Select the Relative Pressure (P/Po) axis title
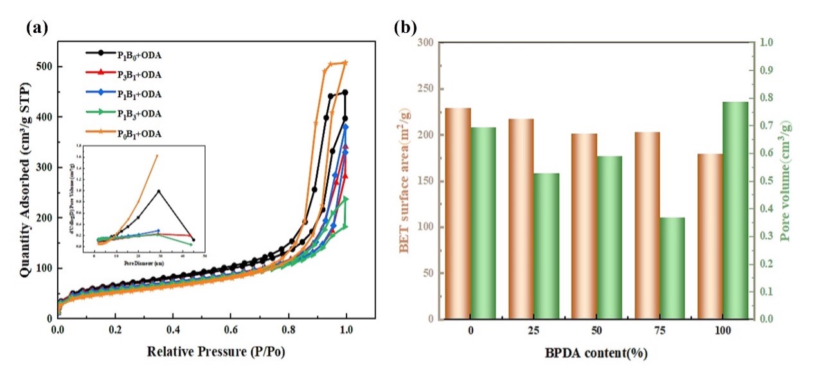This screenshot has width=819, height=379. click(x=216, y=352)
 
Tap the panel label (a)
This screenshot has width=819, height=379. click(x=36, y=28)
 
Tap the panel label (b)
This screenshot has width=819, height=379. click(x=405, y=28)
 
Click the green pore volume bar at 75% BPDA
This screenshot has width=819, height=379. click(x=672, y=268)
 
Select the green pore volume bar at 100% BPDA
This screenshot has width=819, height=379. click(x=735, y=210)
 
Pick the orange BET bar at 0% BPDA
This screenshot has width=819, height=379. click(x=458, y=213)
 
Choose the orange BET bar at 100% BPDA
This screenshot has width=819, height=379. click(x=710, y=236)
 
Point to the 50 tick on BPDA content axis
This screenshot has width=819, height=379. click(x=597, y=331)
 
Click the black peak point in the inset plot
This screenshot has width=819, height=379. click(x=159, y=190)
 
